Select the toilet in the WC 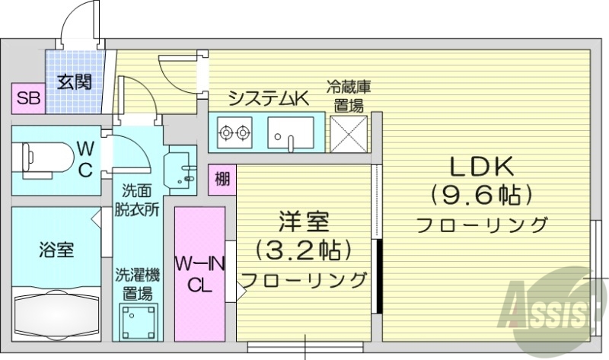[x=38, y=157]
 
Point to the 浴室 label [x=56, y=248]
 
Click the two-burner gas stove [x=234, y=135]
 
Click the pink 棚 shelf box [x=222, y=180]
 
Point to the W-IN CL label [x=200, y=274]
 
